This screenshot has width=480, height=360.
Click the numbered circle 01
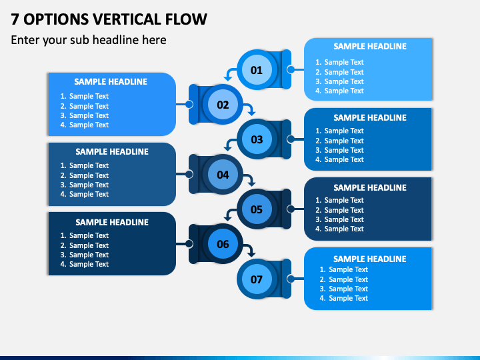tap(257, 70)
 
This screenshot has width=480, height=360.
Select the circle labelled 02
tap(223, 105)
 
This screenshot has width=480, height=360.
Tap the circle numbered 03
tap(257, 139)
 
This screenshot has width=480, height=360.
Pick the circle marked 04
tap(223, 175)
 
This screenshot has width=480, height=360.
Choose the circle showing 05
tap(257, 209)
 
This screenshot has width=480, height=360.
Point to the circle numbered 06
tap(223, 244)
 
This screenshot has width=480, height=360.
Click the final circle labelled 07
tap(257, 279)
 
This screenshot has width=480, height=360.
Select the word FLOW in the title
tap(186, 19)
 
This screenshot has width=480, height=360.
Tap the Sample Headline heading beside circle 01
tap(370, 47)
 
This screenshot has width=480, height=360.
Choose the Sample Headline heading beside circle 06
tap(112, 222)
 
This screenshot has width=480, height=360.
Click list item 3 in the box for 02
tap(85, 115)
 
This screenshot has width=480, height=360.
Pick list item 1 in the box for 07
tap(344, 270)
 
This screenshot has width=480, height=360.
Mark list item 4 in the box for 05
tap(339, 229)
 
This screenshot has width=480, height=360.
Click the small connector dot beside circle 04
tap(189, 175)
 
